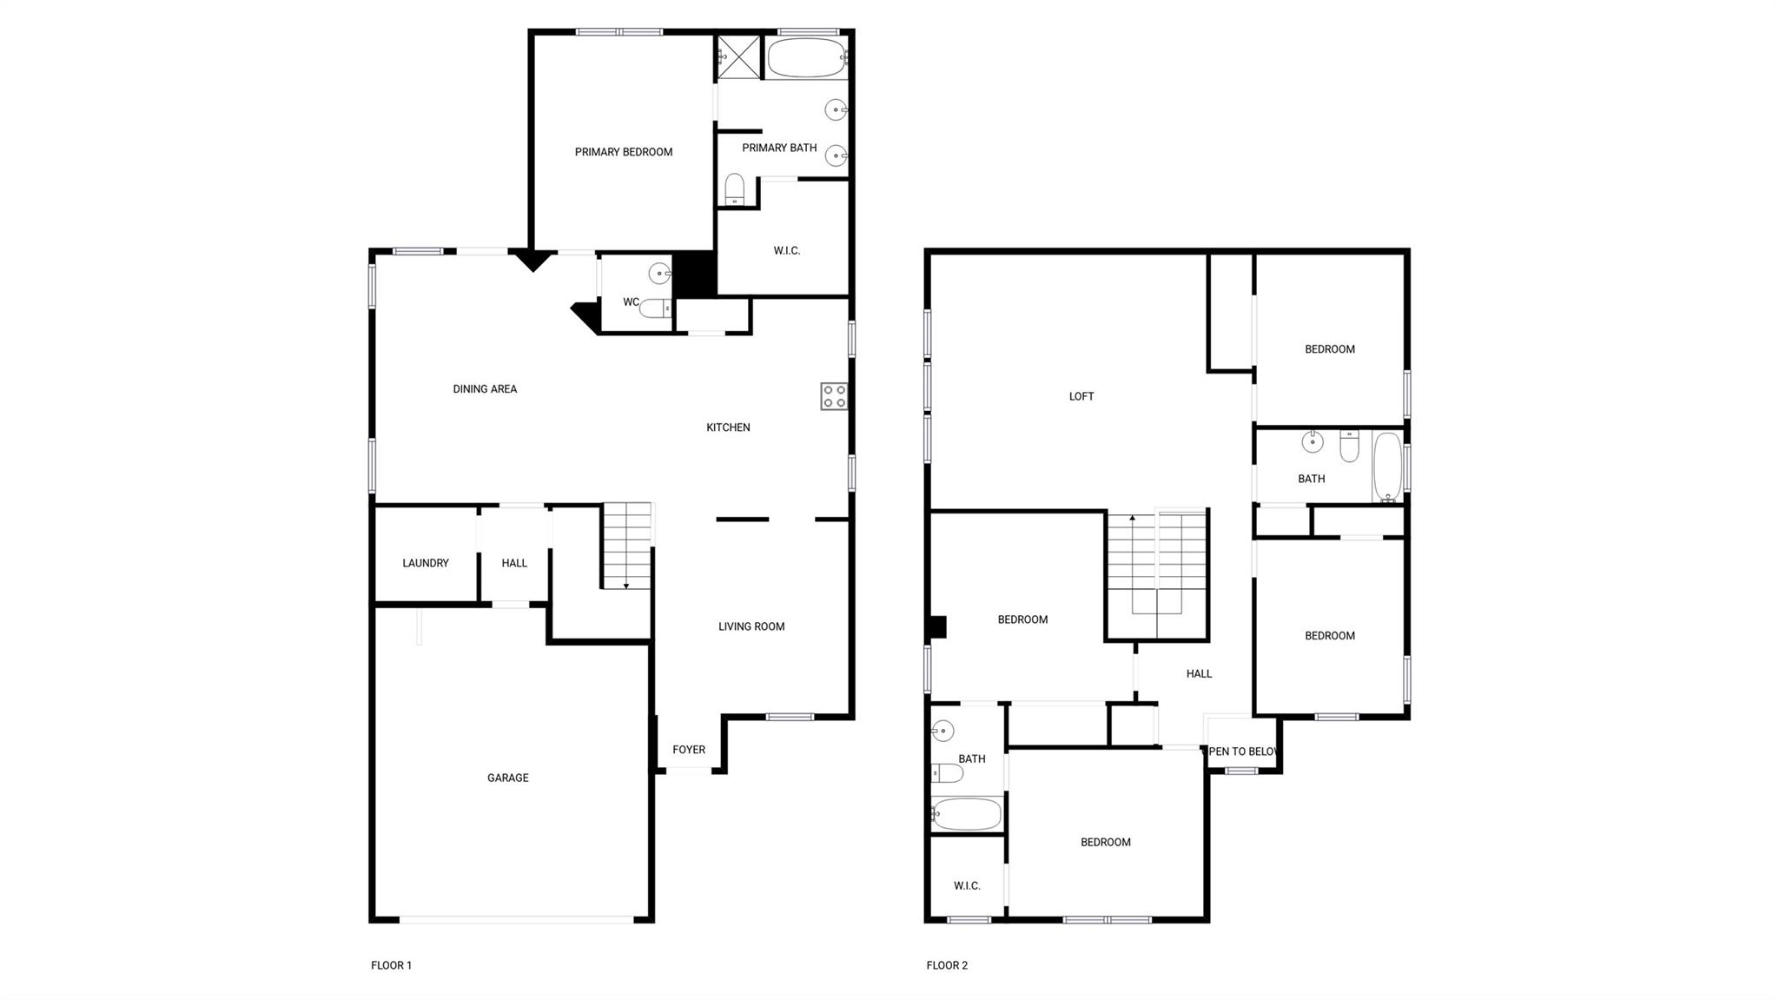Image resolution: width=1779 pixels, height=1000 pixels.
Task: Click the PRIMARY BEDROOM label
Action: [x=623, y=152]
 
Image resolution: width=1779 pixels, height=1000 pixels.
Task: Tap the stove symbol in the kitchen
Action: [x=834, y=396]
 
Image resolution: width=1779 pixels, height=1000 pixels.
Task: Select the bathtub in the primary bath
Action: [x=807, y=58]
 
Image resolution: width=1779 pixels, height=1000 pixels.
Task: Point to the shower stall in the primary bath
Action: [x=738, y=56]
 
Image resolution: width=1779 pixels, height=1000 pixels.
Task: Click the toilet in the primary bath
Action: [x=735, y=189]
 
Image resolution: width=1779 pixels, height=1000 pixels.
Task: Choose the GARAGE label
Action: [x=507, y=778]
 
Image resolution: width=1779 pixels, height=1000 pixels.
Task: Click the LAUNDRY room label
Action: [x=425, y=563]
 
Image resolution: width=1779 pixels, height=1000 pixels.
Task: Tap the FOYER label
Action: [x=689, y=749]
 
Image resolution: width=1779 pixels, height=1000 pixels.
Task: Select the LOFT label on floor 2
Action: [x=1081, y=396]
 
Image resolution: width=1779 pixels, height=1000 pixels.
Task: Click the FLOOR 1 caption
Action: [x=391, y=965]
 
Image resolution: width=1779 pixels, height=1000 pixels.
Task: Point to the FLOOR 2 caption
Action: [x=947, y=965]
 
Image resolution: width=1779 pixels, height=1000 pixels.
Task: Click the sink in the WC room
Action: [x=660, y=274]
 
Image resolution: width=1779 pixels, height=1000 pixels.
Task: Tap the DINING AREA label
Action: [x=485, y=389]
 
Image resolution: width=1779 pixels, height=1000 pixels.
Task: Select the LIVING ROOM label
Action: [x=751, y=626]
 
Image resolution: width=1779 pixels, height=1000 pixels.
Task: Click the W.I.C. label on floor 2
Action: [x=967, y=885]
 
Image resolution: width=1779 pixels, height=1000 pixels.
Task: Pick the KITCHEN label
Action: [x=728, y=427]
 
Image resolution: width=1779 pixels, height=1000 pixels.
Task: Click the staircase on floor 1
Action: [x=627, y=546]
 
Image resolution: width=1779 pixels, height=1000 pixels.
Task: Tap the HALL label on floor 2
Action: [x=1199, y=673]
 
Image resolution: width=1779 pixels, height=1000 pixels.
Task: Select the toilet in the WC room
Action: [x=657, y=308]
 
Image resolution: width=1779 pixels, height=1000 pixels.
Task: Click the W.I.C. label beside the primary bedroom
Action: [x=786, y=251]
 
